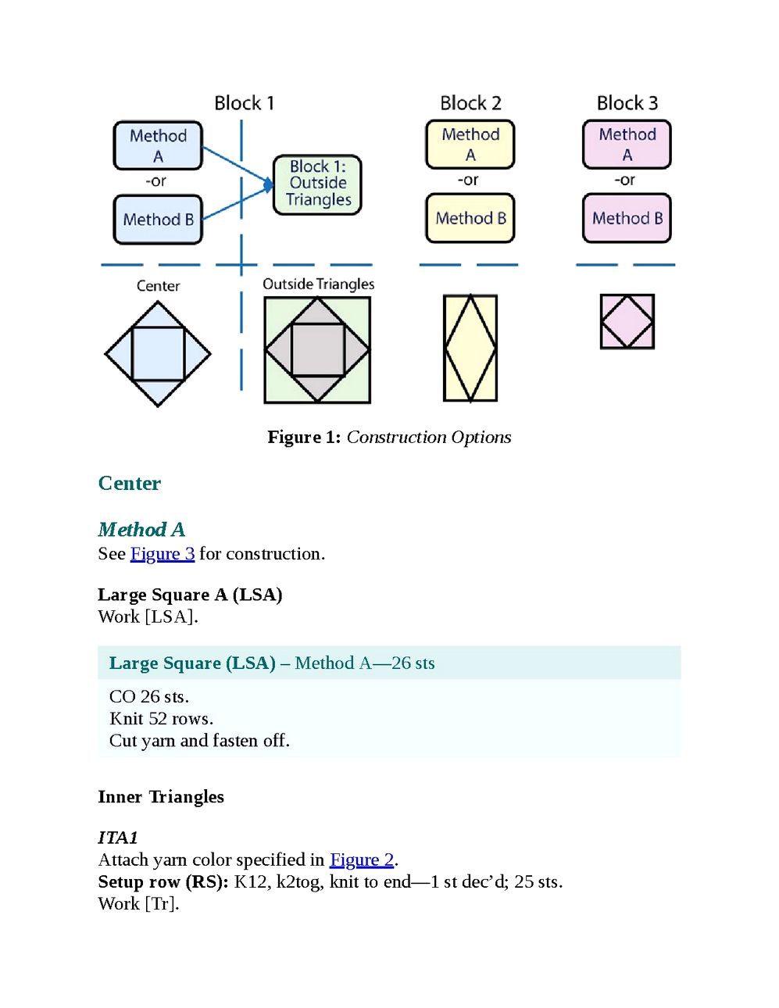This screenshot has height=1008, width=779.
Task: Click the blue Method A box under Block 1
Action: click(158, 145)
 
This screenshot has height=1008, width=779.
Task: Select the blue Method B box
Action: click(158, 220)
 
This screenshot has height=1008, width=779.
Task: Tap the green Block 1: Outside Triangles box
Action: click(318, 184)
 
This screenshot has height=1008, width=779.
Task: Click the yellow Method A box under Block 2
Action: click(470, 145)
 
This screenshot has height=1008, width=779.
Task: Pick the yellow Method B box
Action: click(470, 218)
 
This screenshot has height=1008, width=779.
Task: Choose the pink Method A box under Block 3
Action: click(627, 145)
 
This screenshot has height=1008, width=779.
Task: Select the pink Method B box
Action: click(627, 218)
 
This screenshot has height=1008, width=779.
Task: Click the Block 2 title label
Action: click(470, 103)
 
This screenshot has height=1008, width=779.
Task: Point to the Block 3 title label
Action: click(627, 103)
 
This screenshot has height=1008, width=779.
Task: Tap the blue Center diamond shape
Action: click(158, 354)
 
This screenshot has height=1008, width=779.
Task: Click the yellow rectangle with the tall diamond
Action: click(470, 348)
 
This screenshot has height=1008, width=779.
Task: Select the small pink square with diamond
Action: click(627, 321)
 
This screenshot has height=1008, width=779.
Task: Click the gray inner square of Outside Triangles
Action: click(318, 349)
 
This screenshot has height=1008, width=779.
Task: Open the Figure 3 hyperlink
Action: click(163, 554)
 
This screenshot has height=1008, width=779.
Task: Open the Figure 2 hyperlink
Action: click(362, 860)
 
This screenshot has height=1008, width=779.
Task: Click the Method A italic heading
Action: click(141, 529)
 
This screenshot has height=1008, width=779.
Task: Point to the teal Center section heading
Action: click(130, 484)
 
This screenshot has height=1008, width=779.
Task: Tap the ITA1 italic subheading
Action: click(118, 838)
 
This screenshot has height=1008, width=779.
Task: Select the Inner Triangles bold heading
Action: click(161, 796)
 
